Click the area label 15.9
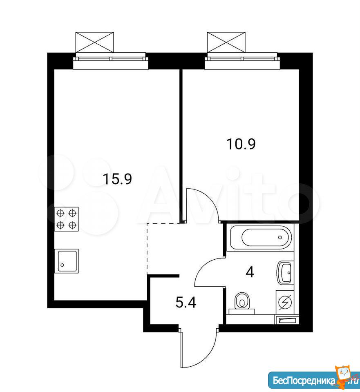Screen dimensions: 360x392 coord(117,179)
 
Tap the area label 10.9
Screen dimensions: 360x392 coord(241,144)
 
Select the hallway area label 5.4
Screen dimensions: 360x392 coord(186,303)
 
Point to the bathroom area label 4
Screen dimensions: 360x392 coord(250,272)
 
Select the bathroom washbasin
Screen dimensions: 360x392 coord(285,273)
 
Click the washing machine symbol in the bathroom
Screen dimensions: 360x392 coord(285,302)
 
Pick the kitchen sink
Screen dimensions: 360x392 coord(67,261)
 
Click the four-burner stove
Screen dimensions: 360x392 coord(67,219)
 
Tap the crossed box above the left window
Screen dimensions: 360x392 coord(94,42)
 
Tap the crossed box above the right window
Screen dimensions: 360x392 coord(226,42)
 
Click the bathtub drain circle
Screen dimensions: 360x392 coord(280,237)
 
